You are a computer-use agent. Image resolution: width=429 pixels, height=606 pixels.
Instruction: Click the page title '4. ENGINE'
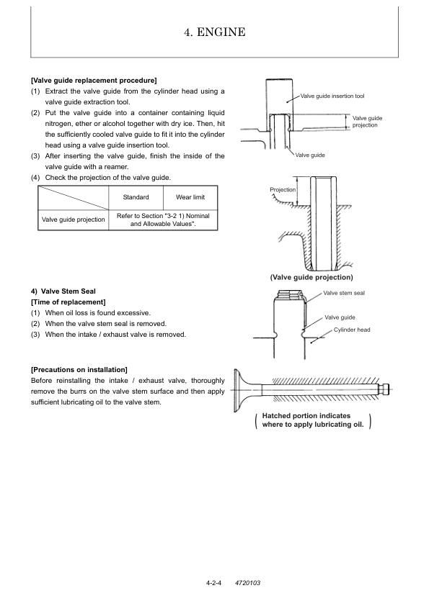[215, 32]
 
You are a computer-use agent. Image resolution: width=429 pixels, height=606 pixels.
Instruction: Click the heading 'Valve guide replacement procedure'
[94, 81]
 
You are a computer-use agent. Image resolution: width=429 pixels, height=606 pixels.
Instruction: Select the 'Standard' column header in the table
[136, 197]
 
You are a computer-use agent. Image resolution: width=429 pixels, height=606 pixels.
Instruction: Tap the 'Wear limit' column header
[190, 197]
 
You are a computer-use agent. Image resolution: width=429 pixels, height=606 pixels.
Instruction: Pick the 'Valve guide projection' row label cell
[73, 220]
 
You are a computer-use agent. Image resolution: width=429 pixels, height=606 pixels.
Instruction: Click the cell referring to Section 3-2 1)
[163, 220]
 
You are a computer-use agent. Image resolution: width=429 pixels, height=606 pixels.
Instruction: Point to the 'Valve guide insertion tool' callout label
[332, 96]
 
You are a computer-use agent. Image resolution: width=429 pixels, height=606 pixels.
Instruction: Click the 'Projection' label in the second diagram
[282, 189]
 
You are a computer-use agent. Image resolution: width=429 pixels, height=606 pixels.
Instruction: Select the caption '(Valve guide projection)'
[311, 277]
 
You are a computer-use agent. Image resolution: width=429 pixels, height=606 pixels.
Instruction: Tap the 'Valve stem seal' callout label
[344, 293]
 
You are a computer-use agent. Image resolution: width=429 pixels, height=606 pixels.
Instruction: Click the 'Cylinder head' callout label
[352, 330]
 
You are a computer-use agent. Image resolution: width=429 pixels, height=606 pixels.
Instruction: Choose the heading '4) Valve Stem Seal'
[63, 291]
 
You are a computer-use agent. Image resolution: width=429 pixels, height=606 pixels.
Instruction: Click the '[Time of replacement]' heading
[68, 302]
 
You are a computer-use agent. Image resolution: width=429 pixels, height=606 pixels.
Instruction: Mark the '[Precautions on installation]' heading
[79, 370]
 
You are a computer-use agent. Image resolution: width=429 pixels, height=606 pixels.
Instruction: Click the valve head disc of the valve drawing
[237, 390]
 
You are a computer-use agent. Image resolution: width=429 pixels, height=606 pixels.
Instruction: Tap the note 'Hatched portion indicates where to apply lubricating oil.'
[313, 420]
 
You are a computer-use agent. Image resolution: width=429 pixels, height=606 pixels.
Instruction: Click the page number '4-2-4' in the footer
[213, 583]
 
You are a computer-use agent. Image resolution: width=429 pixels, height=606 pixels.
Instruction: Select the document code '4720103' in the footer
[247, 583]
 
